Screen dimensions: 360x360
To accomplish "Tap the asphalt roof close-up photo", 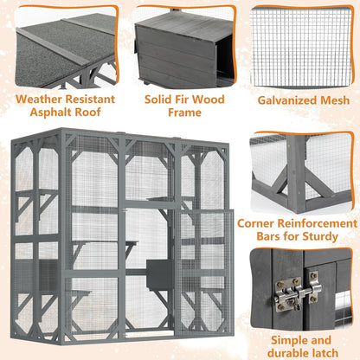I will click(61, 43).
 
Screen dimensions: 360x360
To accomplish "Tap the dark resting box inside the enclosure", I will click(158, 271).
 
